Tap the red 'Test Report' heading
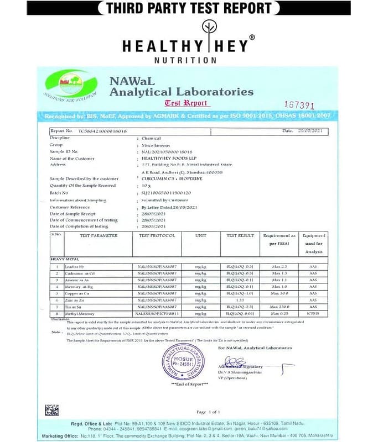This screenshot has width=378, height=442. point(186,103)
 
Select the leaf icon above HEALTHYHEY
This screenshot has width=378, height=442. point(209,28)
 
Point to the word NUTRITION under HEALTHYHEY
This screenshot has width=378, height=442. point(185,60)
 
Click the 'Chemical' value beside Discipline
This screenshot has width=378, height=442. point(151,138)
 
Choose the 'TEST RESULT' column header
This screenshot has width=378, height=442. point(240,235)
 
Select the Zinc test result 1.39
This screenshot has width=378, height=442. point(240,299)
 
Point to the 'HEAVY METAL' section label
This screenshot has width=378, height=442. point(65,259)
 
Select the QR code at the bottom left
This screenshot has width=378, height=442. point(52,409)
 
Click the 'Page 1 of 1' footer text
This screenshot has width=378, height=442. point(208,412)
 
